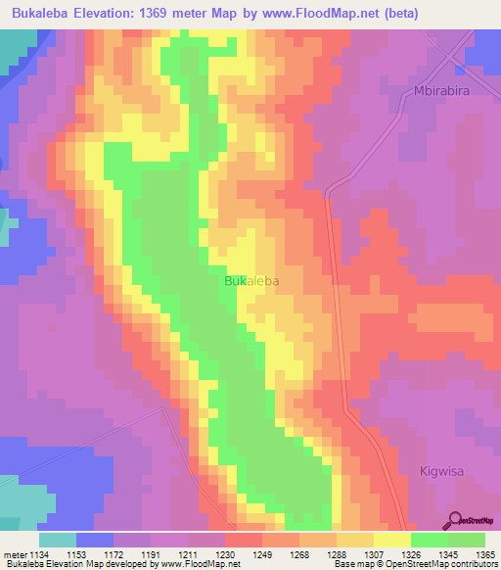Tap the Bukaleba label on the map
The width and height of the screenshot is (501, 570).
pos(251,281)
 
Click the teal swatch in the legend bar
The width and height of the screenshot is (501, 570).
pos(57,540)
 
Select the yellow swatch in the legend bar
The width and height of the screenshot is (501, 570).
pos(392,540)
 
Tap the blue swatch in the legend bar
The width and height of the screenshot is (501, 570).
pos(95,540)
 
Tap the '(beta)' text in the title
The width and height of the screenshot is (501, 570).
pos(422,13)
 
